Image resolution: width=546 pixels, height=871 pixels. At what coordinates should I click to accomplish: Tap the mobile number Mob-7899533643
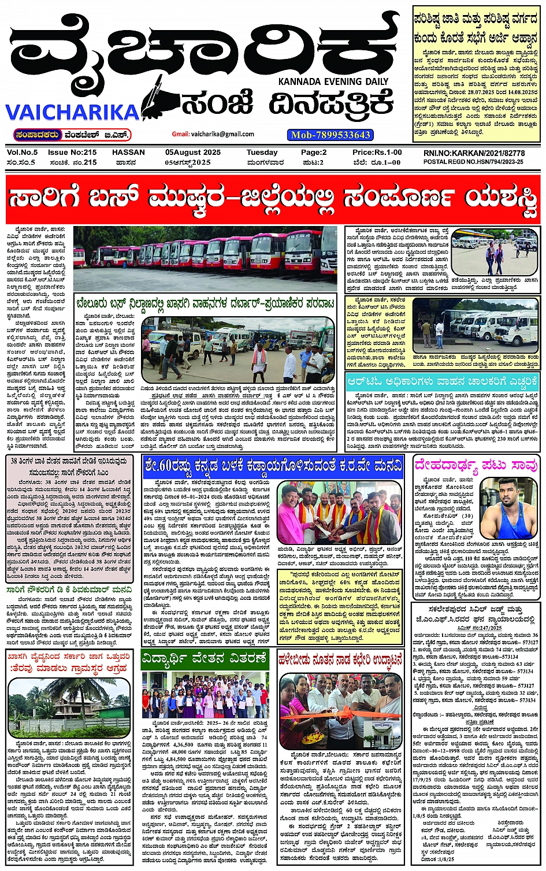[330, 135]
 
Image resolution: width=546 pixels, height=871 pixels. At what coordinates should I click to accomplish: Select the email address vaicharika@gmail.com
[214, 134]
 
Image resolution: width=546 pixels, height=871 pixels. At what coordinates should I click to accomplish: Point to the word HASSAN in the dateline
[128, 153]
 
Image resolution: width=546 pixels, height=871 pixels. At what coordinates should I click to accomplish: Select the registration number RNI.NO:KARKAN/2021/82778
[474, 153]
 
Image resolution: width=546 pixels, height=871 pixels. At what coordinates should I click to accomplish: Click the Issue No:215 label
[72, 153]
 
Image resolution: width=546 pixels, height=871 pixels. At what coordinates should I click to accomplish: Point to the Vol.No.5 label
[22, 153]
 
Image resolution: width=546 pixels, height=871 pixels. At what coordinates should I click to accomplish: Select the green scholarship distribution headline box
[205, 658]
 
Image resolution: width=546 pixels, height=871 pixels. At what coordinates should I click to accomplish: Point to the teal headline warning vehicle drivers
[443, 381]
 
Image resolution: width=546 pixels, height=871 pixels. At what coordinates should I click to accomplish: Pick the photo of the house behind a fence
[69, 709]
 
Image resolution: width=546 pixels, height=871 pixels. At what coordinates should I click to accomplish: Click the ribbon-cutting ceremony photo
[340, 709]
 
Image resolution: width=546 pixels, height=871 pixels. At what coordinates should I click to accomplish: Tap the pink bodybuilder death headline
[476, 465]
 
